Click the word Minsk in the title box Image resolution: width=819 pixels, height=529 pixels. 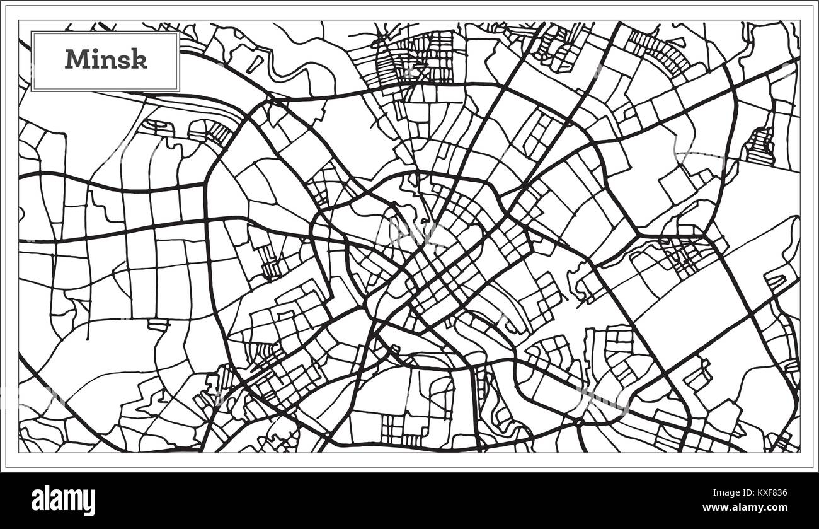click(x=106, y=59)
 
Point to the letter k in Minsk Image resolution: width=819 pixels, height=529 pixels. click(x=140, y=59)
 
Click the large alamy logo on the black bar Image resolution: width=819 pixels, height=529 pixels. click(x=63, y=501)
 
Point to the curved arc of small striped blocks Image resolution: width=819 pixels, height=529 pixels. click(x=658, y=50)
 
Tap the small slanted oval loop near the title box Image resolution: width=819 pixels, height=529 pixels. click(x=255, y=63)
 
